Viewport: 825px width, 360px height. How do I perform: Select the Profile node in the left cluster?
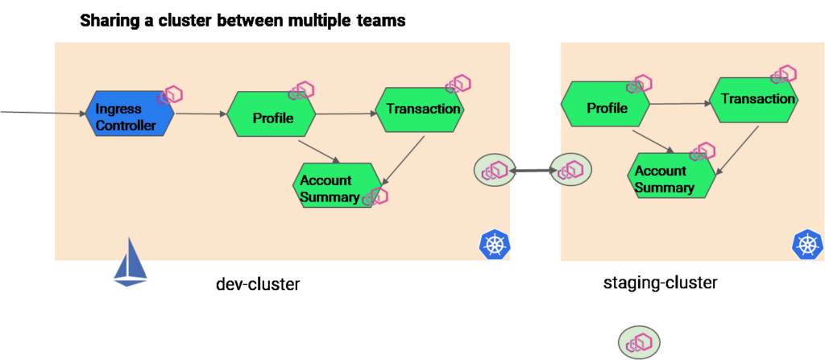tap(272, 118)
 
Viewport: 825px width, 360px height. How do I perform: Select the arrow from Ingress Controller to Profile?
tap(201, 114)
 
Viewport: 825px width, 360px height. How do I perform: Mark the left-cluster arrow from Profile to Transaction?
tap(346, 114)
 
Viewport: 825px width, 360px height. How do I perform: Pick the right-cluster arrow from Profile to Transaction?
tap(679, 103)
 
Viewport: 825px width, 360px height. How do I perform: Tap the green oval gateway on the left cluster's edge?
tap(494, 170)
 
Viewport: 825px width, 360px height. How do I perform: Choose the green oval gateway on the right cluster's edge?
tap(570, 169)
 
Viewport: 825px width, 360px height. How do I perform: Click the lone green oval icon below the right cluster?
tap(639, 341)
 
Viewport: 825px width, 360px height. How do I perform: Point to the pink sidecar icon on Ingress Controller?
tap(172, 95)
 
